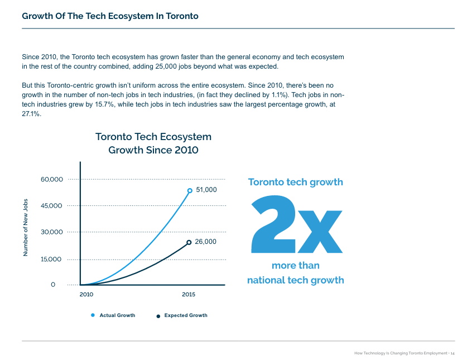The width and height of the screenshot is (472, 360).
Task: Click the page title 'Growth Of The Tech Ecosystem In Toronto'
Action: tap(110, 16)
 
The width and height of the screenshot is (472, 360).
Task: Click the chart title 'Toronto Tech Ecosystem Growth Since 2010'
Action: tap(153, 143)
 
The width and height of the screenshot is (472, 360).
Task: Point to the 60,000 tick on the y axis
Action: tap(52, 180)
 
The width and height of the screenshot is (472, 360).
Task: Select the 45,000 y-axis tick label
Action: tap(52, 206)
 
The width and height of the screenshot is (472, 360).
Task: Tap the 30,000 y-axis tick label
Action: tap(52, 232)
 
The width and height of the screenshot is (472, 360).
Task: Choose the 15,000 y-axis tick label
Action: tap(52, 260)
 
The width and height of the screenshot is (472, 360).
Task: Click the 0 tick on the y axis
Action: tap(53, 285)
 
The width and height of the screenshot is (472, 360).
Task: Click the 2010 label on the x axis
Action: tap(86, 295)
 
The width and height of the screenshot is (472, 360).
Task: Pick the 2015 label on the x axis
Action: tap(189, 295)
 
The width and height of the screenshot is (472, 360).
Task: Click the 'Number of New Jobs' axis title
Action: tap(26, 228)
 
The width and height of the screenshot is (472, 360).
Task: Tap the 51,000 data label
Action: tap(206, 190)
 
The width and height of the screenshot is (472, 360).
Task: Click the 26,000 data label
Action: tap(205, 242)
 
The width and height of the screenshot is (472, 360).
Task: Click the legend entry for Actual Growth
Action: tap(117, 315)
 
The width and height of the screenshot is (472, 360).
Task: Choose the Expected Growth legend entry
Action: tap(185, 315)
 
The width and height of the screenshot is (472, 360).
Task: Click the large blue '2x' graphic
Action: tap(296, 224)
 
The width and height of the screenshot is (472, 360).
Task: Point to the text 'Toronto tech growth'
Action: tap(295, 183)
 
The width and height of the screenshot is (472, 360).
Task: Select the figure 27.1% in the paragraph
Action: tap(31, 114)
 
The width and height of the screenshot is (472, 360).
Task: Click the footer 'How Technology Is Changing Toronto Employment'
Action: tap(401, 353)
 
